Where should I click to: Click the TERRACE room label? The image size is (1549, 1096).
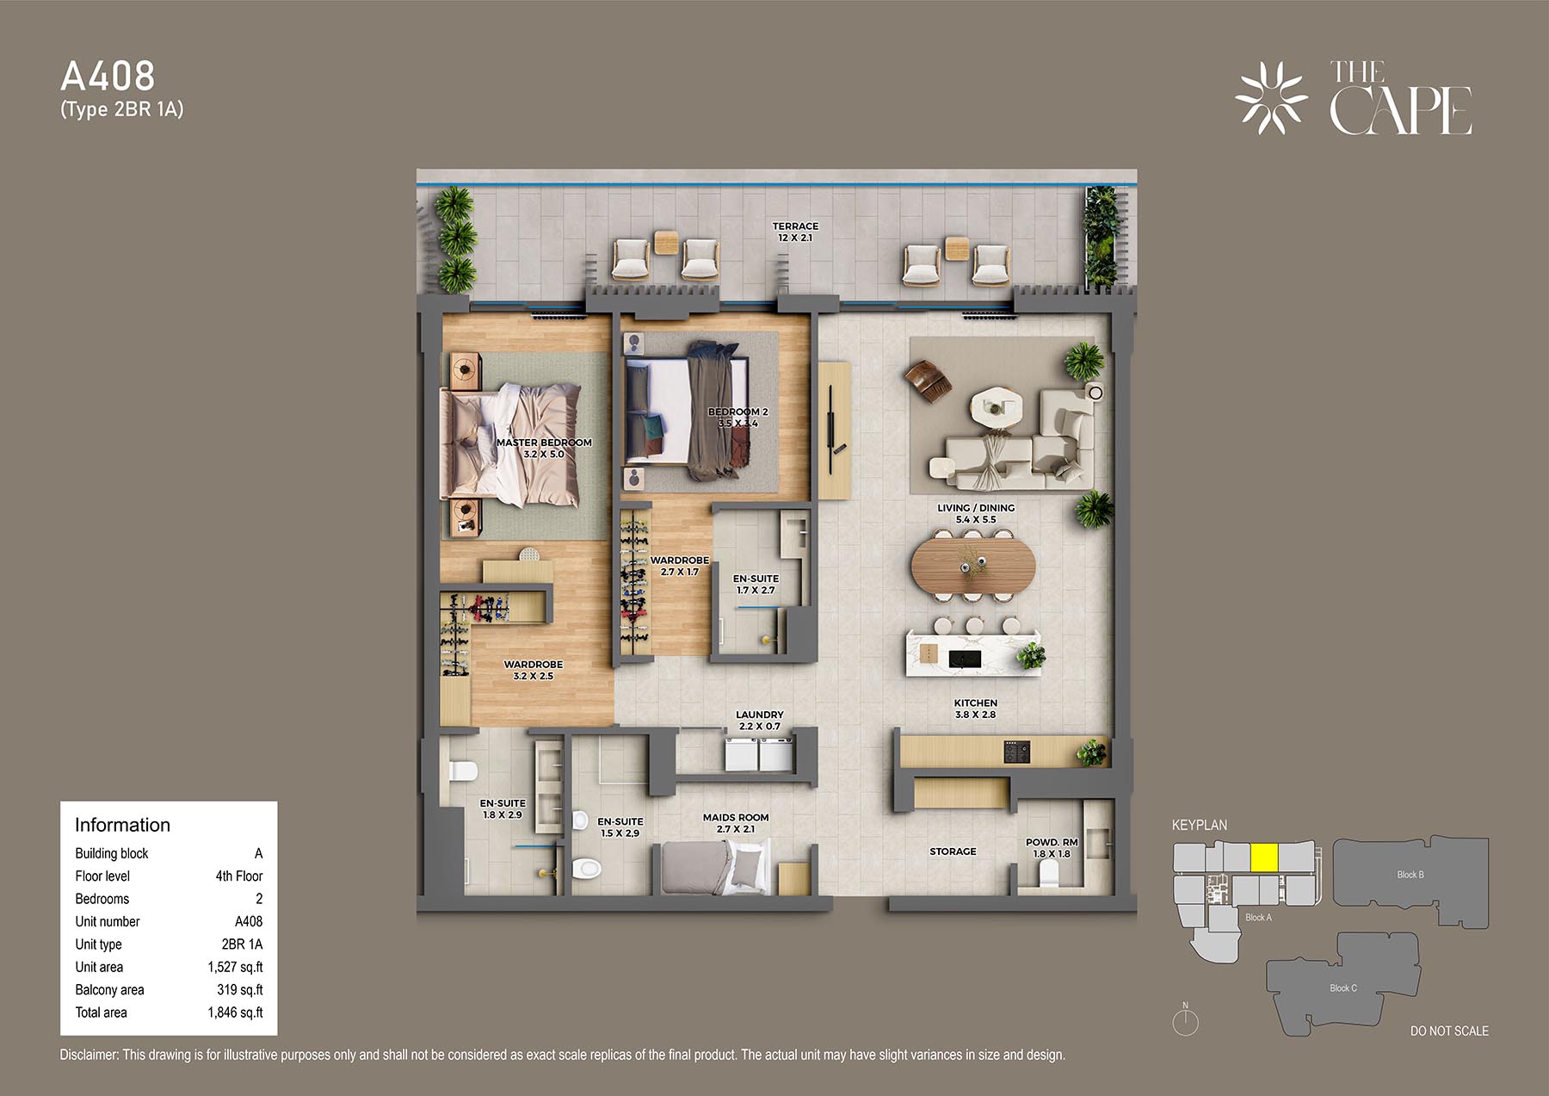[x=795, y=226]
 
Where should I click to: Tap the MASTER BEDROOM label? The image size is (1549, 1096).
[x=544, y=443]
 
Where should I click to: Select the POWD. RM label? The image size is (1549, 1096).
[x=1052, y=842]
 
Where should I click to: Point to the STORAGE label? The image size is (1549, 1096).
[x=953, y=851]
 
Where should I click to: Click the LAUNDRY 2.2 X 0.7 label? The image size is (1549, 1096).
[x=760, y=720]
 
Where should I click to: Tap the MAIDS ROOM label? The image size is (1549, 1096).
[x=736, y=817]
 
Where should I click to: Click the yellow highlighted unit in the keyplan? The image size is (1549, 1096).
[x=1263, y=858]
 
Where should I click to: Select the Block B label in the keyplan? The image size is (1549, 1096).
[x=1410, y=875]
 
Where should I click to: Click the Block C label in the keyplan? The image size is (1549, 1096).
[x=1343, y=988]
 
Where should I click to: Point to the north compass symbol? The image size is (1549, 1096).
[x=1185, y=1021]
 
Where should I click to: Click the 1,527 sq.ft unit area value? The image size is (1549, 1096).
[x=235, y=967]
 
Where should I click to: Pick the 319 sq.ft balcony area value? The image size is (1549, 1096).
[x=240, y=990]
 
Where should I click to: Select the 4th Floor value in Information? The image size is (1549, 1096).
[x=239, y=876]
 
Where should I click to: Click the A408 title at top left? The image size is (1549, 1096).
[x=108, y=77]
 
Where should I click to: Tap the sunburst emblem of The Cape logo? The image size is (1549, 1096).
[x=1271, y=97]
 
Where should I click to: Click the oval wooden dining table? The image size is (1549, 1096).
[x=973, y=565]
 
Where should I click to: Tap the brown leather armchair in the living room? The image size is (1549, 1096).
[x=927, y=380]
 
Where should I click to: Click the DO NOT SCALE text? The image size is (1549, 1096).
[x=1449, y=1031]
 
